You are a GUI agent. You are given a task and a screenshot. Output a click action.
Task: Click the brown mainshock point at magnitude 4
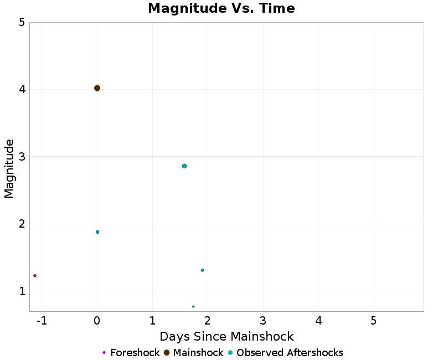pyautogui.click(x=97, y=88)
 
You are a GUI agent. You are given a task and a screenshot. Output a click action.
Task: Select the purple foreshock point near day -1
pyautogui.click(x=35, y=276)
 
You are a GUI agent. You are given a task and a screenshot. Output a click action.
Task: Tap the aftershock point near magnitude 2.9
pyautogui.click(x=184, y=166)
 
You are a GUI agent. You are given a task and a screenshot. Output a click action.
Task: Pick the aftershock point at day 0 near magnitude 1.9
pyautogui.click(x=97, y=232)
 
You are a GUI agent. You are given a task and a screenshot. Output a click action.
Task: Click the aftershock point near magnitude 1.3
pyautogui.click(x=203, y=270)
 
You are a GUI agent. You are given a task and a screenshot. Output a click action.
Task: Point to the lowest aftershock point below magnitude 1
pyautogui.click(x=193, y=307)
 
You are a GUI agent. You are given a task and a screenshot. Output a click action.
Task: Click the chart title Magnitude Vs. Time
pyautogui.click(x=221, y=9)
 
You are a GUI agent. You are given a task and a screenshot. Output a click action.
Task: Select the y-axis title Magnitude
pyautogui.click(x=9, y=168)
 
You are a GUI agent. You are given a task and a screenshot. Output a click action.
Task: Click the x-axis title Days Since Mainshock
pyautogui.click(x=226, y=336)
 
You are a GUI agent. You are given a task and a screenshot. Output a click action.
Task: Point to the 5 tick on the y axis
pyautogui.click(x=22, y=22)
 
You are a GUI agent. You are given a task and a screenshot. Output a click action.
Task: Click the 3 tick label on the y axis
pyautogui.click(x=22, y=157)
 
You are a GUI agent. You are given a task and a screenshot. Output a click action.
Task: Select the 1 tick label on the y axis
pyautogui.click(x=22, y=291)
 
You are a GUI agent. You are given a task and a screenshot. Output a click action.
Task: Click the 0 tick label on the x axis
pyautogui.click(x=97, y=321)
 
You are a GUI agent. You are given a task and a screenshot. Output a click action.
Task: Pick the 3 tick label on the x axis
pyautogui.click(x=263, y=321)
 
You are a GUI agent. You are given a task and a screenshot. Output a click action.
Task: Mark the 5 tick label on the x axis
pyautogui.click(x=374, y=321)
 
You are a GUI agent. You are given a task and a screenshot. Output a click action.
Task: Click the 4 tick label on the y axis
pyautogui.click(x=22, y=90)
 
